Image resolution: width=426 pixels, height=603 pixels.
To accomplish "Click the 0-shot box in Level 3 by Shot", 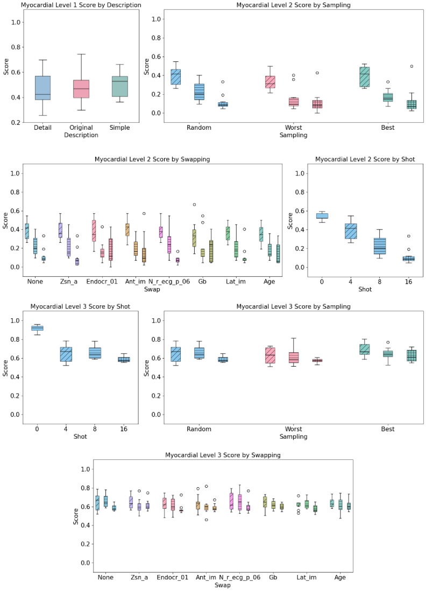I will click(x=37, y=328).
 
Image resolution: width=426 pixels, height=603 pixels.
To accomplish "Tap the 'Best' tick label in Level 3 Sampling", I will click(x=387, y=429).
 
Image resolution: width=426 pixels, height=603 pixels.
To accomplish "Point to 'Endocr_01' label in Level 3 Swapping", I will click(x=173, y=577).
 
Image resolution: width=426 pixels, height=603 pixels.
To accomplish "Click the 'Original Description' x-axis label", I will click(x=81, y=132).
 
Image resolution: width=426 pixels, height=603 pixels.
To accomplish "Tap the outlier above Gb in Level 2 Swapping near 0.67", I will click(x=194, y=205).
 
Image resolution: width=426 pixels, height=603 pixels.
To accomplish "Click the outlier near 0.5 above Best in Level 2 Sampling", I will click(x=411, y=66).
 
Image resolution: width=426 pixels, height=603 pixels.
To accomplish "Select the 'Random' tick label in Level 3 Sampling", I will click(x=198, y=429).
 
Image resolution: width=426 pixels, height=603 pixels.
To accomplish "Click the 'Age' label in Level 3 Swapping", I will click(x=340, y=577).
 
